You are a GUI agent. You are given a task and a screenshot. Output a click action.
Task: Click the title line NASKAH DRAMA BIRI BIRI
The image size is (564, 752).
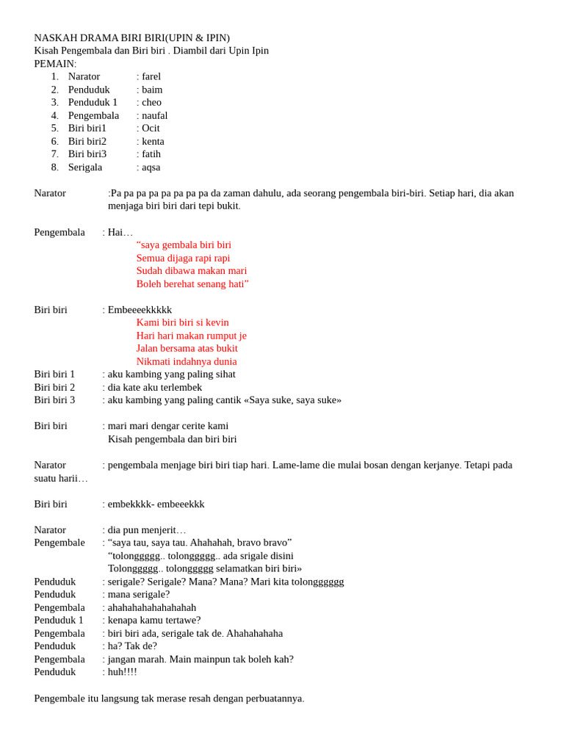(x=131, y=38)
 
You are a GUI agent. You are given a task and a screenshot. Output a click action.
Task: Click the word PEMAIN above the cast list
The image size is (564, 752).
(x=54, y=64)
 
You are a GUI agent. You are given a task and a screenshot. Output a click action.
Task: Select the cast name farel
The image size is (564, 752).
(x=151, y=76)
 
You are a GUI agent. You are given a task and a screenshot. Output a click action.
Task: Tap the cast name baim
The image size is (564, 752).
(x=152, y=90)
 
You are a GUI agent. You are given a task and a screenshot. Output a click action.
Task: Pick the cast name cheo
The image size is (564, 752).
(x=151, y=102)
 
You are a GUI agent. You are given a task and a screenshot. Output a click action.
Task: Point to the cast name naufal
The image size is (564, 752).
(x=154, y=115)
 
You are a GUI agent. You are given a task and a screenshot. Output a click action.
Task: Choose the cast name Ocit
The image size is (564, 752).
(x=151, y=128)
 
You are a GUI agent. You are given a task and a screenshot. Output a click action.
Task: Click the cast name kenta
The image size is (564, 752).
(x=153, y=141)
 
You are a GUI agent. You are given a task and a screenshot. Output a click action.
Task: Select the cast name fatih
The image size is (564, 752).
(x=151, y=153)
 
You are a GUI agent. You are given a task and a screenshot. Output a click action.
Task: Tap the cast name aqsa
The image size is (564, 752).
(x=151, y=167)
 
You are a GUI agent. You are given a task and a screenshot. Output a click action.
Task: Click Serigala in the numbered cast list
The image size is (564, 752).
(x=85, y=167)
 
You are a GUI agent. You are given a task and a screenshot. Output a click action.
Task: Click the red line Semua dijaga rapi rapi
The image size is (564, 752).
(x=183, y=258)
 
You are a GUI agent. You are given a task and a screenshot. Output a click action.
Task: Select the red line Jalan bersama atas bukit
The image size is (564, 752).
(x=187, y=348)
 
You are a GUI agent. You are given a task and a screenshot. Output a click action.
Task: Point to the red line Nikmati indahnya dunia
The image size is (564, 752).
(x=187, y=361)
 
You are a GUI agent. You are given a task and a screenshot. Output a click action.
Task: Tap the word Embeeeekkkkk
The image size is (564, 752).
(x=140, y=310)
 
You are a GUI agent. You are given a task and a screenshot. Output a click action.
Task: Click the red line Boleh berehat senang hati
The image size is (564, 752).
(x=192, y=283)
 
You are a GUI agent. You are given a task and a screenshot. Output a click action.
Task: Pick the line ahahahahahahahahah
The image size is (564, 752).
(x=152, y=607)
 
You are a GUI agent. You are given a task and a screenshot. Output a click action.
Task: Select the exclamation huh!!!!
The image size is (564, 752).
(x=122, y=671)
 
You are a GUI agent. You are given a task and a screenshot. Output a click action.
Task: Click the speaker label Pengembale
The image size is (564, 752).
(x=59, y=543)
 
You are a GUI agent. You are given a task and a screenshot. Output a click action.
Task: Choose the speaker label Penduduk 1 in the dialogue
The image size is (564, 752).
(x=59, y=620)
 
